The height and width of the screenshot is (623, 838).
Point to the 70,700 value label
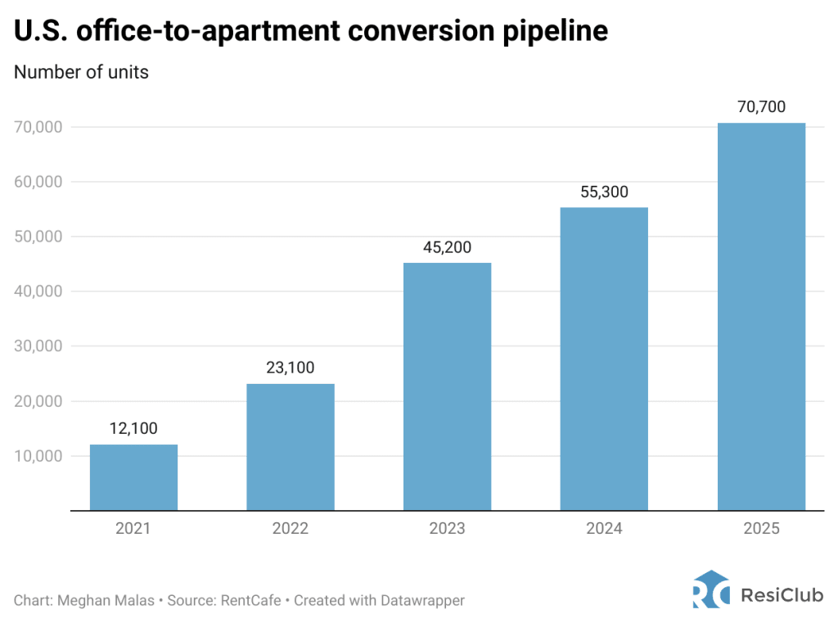click(761, 106)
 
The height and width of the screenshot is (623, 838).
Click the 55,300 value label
click(604, 191)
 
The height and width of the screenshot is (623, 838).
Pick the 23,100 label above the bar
click(290, 368)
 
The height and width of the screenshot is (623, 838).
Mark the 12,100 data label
click(133, 428)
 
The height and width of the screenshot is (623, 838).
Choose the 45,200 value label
click(447, 246)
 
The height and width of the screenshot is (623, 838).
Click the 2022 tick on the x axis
click(290, 529)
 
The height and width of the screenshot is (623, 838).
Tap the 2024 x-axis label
click(604, 529)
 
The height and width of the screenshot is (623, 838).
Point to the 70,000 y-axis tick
click(38, 127)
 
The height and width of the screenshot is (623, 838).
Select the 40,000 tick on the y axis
click(38, 291)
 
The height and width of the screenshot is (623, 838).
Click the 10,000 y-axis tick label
click(38, 456)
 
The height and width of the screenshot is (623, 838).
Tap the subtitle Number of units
click(81, 72)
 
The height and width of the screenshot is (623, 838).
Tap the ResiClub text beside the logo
click(782, 594)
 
